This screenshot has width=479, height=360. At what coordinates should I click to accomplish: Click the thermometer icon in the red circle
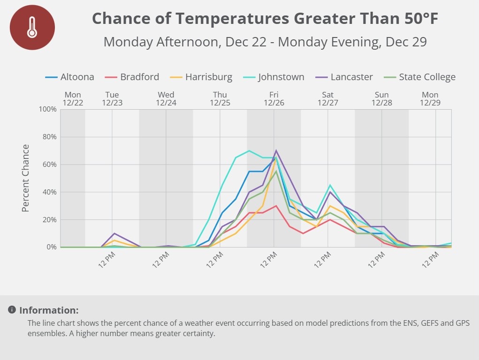32,27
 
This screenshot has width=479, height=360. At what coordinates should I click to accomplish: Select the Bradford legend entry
132,77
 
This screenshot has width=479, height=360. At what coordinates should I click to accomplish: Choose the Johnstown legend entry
274,77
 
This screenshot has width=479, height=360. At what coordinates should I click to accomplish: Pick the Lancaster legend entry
344,77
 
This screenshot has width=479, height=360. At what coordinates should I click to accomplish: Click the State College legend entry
419,77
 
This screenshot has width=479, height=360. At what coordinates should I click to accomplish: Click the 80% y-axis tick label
49,137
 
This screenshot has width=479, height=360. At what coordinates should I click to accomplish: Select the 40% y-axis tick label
49,192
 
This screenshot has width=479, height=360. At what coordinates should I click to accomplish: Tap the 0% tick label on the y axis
51,247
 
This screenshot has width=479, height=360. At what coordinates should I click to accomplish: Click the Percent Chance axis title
25,178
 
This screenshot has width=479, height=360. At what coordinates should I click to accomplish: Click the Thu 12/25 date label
220,98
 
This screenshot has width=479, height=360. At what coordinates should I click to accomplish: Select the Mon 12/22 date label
73,98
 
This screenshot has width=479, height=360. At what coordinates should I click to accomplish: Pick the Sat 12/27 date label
328,98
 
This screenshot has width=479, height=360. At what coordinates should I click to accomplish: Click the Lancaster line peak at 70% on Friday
276,150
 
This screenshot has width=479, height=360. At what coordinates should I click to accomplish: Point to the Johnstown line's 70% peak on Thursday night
249,150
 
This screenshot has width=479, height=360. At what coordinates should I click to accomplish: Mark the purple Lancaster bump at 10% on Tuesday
114,233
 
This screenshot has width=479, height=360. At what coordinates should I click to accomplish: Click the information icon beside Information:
12,310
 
